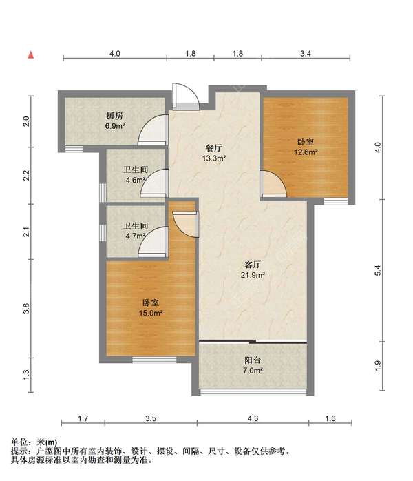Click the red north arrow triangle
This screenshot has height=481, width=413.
click(31, 55)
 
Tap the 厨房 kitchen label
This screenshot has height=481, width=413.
click(114, 116)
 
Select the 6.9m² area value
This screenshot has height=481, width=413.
click(114, 126)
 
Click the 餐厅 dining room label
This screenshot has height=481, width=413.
click(214, 148)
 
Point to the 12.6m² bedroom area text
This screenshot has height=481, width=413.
click(306, 152)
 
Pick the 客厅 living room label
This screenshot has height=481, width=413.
click(253, 265)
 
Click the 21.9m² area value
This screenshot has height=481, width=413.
click(253, 275)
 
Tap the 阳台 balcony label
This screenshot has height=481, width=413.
click(253, 360)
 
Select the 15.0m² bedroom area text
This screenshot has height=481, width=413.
click(151, 314)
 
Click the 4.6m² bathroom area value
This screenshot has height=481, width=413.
click(136, 180)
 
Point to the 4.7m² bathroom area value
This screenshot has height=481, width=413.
click(136, 236)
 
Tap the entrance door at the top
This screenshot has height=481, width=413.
click(186, 96)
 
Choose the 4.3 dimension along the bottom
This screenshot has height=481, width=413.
click(253, 418)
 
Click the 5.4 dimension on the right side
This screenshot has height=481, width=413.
click(378, 270)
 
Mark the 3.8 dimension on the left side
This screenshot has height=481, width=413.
click(27, 308)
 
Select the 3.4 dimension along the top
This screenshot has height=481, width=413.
click(306, 54)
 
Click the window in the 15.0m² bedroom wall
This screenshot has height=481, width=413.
click(154, 359)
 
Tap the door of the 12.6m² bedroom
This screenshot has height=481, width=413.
click(273, 183)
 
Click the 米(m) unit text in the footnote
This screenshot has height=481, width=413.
click(47, 442)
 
